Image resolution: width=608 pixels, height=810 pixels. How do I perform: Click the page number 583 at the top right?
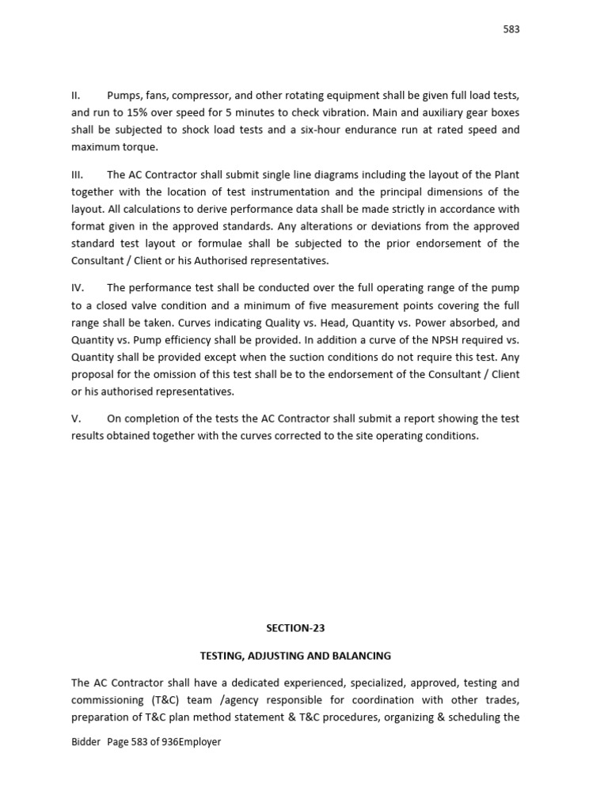[511, 29]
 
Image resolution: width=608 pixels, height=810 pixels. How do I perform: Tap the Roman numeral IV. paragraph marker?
[78, 288]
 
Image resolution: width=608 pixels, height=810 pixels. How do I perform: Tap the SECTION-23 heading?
[295, 628]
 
